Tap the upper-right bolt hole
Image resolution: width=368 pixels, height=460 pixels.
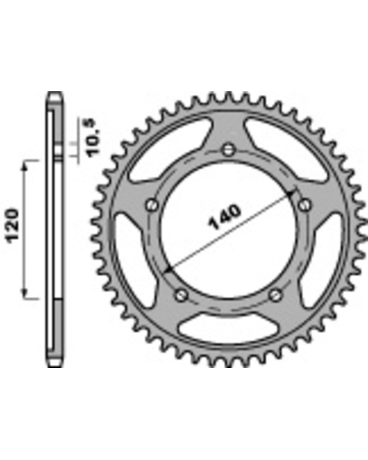(x=305, y=205)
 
